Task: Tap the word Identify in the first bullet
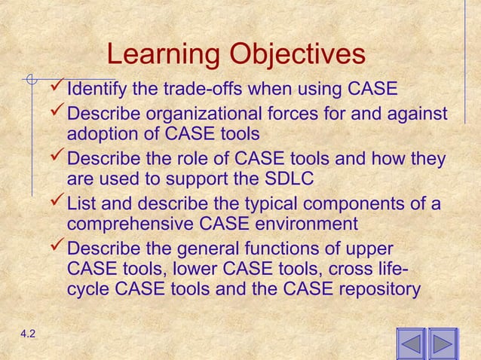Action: point(98,91)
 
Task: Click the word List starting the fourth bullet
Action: point(81,204)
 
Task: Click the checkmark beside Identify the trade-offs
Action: point(56,90)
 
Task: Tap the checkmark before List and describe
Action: point(56,203)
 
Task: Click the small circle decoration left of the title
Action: point(30,78)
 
